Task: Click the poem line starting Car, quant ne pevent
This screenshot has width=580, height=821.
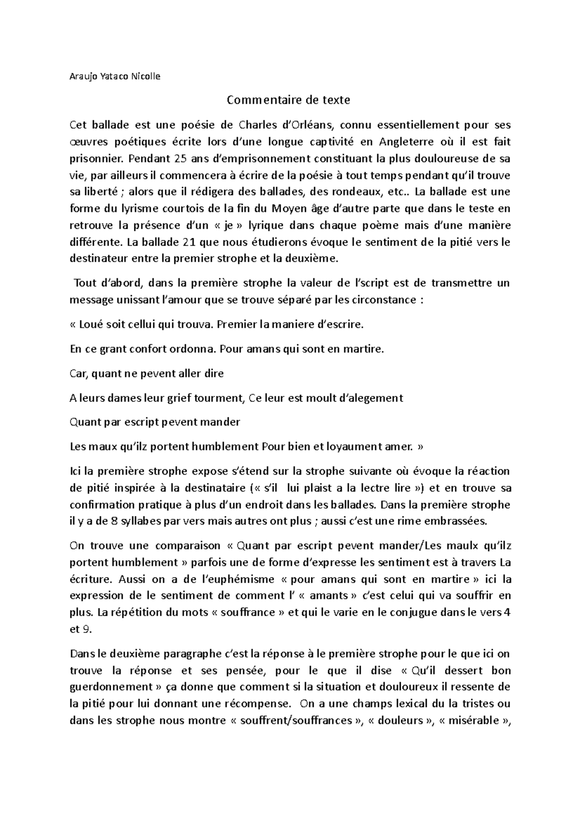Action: click(x=146, y=374)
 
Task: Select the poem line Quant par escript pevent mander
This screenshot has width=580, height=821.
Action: click(x=155, y=422)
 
